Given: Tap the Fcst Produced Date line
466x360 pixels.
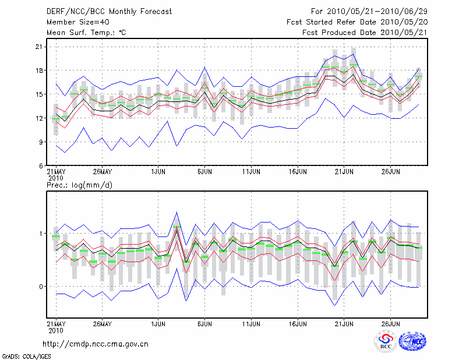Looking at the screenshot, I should click(365, 33).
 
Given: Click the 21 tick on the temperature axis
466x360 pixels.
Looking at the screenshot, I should click(40, 47).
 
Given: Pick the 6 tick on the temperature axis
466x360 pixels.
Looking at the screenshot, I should click(41, 165).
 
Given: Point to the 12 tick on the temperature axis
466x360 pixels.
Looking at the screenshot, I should click(40, 118).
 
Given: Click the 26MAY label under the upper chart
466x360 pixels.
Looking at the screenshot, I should click(102, 172).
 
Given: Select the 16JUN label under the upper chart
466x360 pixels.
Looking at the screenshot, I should click(298, 172).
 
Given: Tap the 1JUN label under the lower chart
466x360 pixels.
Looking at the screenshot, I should click(158, 323).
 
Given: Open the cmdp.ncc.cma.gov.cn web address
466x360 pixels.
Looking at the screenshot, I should click(96, 344).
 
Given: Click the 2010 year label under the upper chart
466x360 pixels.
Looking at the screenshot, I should click(56, 178).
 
